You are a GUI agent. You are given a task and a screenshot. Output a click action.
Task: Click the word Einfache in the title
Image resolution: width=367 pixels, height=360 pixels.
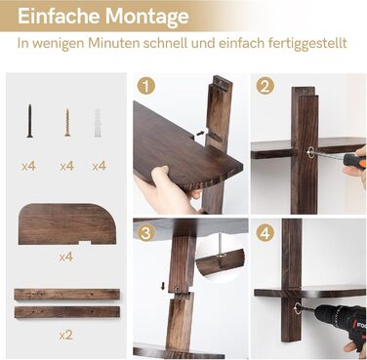tap(50, 17)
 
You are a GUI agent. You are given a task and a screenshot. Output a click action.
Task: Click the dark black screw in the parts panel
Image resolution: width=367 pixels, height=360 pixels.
tap(29, 120)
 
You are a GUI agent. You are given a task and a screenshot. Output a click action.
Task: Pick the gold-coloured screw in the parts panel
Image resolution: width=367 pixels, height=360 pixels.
tap(66, 121)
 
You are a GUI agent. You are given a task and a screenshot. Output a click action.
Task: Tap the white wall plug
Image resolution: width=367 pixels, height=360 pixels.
tap(99, 122)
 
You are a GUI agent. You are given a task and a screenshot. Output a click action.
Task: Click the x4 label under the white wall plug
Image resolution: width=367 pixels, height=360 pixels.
tap(99, 166)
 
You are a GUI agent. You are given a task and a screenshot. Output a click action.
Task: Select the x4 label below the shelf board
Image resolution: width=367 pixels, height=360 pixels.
tap(66, 257)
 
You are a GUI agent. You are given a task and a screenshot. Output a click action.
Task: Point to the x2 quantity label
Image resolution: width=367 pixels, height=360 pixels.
tap(66, 335)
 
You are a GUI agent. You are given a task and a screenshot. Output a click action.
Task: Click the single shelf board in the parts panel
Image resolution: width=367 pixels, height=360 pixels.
tap(66, 223)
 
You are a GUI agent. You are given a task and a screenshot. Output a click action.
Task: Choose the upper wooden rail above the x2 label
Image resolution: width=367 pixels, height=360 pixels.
tap(66, 294)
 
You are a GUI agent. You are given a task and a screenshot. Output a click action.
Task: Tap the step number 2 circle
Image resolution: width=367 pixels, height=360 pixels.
tap(265, 86)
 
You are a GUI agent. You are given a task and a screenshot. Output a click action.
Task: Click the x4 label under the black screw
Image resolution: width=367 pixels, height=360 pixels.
tap(29, 166)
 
